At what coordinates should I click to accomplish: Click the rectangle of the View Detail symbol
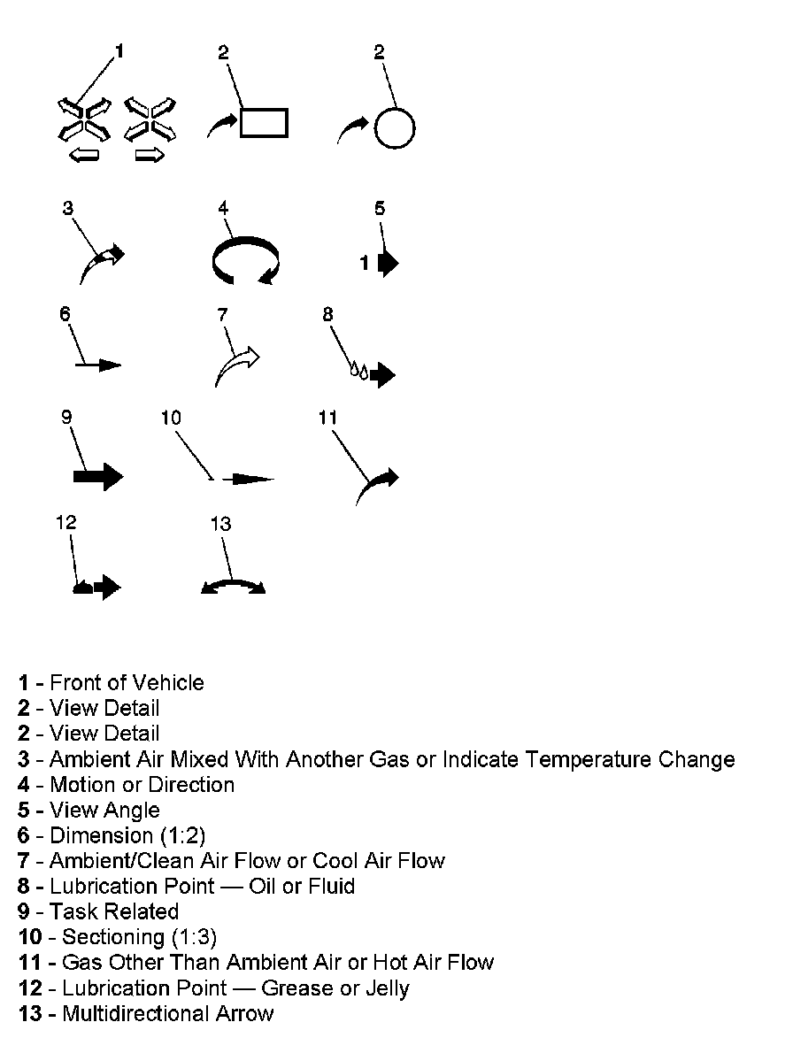(x=264, y=122)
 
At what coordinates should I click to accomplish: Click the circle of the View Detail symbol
(x=394, y=128)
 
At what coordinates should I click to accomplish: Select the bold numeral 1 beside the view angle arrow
(x=365, y=263)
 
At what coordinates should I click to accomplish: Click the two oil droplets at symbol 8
(x=358, y=371)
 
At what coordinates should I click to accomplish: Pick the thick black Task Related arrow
(x=97, y=476)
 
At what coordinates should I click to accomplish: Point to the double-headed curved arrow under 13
(x=233, y=586)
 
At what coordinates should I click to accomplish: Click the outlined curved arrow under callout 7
(x=236, y=365)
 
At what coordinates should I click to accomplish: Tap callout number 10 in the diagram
(x=171, y=417)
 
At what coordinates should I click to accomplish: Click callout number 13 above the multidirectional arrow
(x=220, y=524)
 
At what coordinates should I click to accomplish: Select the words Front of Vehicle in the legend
(x=127, y=683)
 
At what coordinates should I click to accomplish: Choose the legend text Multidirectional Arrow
(x=168, y=1014)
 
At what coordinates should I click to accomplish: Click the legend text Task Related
(x=114, y=911)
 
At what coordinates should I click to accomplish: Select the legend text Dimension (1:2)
(x=127, y=835)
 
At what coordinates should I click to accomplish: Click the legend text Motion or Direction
(x=142, y=785)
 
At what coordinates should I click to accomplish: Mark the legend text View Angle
(x=104, y=811)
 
